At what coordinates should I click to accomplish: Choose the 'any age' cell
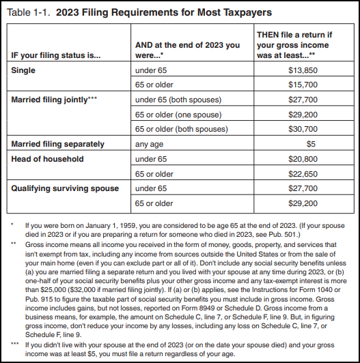151,144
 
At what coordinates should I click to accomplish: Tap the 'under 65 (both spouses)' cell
176,100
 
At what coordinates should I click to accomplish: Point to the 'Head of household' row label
47,159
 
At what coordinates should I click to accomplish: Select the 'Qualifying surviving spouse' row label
65,188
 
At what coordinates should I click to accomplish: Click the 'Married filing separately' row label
58,144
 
